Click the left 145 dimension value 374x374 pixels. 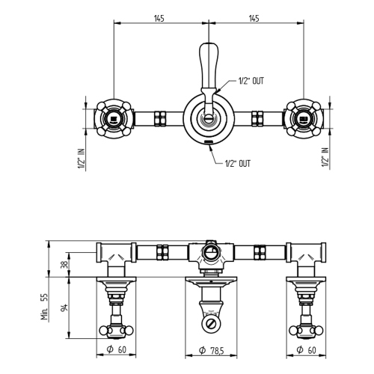click(x=159, y=18)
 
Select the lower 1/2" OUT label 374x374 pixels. click(x=238, y=162)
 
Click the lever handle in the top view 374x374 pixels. click(x=207, y=67)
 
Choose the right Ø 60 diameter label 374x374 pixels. click(x=307, y=349)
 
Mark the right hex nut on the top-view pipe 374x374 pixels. click(x=257, y=118)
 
